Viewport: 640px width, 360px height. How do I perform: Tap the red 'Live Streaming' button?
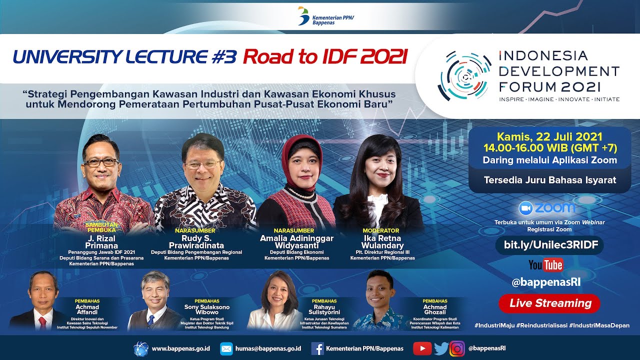(x=550, y=303)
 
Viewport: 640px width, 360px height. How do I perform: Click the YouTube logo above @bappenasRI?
(x=545, y=265)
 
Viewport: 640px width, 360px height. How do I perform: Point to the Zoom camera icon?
(x=525, y=208)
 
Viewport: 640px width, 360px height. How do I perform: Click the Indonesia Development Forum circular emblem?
(x=464, y=75)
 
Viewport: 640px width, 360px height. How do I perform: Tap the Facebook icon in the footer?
(x=317, y=348)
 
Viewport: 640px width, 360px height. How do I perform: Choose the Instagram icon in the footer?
(x=456, y=348)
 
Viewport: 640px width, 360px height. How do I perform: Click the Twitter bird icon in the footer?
(x=440, y=348)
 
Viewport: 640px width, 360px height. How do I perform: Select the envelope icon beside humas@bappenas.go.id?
(x=226, y=348)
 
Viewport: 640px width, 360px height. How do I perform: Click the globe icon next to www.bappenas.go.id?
(x=141, y=348)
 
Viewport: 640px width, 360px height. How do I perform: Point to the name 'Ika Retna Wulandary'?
(x=382, y=242)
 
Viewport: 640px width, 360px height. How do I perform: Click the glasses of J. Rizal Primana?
(x=100, y=162)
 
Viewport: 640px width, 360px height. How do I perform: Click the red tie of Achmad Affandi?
(x=42, y=322)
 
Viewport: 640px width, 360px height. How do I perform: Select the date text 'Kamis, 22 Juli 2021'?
(x=549, y=136)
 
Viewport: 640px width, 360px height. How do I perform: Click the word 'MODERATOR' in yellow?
(x=381, y=230)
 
